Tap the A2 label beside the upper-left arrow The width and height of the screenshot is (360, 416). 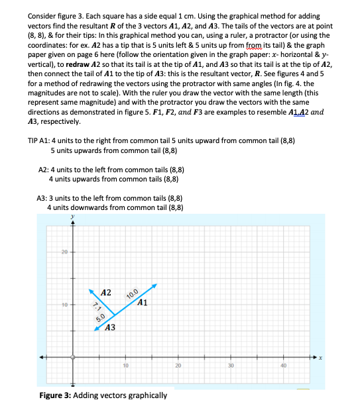pyautogui.click(x=105, y=292)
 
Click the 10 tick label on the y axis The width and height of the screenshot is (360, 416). pyautogui.click(x=65, y=305)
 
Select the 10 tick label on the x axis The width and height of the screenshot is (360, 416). pyautogui.click(x=125, y=365)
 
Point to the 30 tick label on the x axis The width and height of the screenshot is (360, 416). pyautogui.click(x=231, y=365)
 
